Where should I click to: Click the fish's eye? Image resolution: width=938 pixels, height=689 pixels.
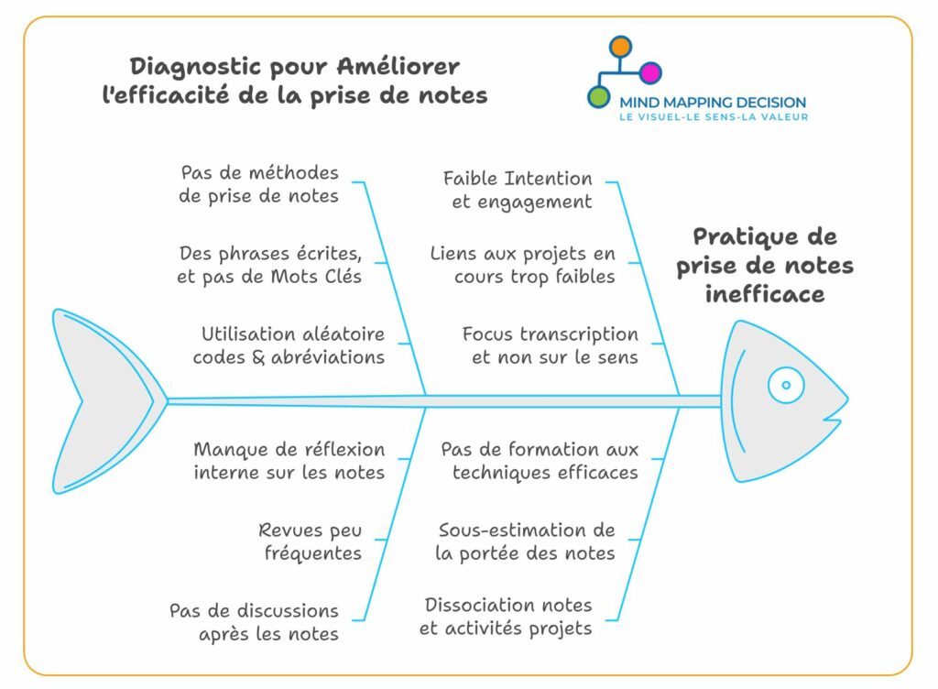(786, 385)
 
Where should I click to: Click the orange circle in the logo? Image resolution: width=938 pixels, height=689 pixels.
(620, 47)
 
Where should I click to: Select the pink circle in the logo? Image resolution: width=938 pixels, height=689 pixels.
(650, 72)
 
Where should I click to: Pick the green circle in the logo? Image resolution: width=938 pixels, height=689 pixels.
(598, 96)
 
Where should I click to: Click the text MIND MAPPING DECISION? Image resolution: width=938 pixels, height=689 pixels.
(713, 103)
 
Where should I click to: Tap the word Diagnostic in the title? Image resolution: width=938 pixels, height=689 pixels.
(196, 66)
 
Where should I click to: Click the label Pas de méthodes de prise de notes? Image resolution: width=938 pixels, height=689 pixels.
(259, 184)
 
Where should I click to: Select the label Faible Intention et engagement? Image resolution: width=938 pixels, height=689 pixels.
(518, 190)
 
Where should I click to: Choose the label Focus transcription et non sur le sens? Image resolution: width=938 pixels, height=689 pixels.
(550, 345)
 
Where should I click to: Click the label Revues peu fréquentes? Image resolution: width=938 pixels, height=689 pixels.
(310, 541)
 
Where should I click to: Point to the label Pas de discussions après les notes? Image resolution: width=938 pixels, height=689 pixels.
(255, 622)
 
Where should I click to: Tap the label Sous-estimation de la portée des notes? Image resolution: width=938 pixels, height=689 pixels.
(525, 541)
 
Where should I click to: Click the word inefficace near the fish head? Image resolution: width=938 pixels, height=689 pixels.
(765, 294)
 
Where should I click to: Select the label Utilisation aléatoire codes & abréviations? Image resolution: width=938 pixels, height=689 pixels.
(289, 345)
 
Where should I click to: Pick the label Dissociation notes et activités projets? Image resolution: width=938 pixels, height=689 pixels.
(506, 617)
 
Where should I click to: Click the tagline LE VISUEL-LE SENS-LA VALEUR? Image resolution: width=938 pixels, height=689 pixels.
(713, 117)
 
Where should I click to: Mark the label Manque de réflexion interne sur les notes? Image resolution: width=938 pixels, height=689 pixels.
(289, 461)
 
